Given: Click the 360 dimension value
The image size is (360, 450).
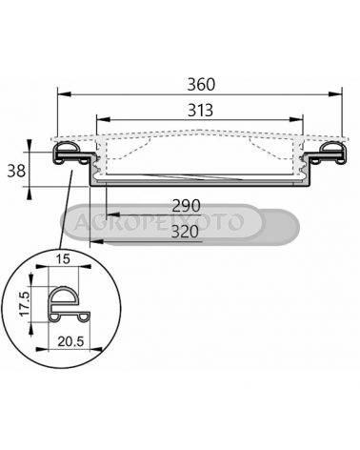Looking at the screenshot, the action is tap(201, 85).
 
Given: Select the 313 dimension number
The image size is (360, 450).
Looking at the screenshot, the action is tap(200, 111).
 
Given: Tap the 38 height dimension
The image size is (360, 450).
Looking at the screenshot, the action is tap(16, 172).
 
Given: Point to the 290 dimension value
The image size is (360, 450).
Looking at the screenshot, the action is tap(186, 206).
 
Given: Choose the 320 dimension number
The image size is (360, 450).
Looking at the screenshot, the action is tap(185, 232).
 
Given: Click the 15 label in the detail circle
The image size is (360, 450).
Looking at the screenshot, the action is tap(63, 259).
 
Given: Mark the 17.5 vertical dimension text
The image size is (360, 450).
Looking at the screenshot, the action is tap(25, 304).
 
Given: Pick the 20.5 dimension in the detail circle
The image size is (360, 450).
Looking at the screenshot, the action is tap(70, 341).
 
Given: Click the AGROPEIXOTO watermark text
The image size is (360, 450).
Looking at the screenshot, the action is tap(159, 221).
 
